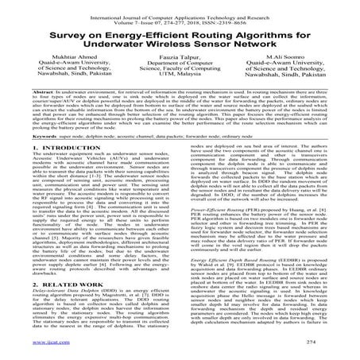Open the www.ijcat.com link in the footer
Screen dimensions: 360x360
(x=32, y=353)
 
